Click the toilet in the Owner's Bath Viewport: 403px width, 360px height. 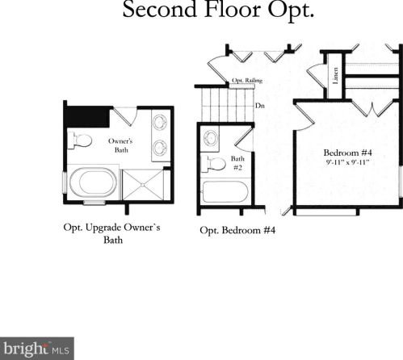click(80, 140)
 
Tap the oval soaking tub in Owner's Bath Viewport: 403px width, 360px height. click(93, 182)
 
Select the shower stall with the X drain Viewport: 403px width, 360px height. click(143, 185)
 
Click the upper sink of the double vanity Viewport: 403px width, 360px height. click(160, 122)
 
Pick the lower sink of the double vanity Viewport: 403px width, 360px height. click(160, 149)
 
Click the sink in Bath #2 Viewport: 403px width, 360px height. click(211, 138)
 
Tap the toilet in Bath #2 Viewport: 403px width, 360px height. click(213, 164)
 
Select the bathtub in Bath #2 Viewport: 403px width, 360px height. click(225, 192)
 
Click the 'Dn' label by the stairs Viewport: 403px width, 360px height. click(260, 106)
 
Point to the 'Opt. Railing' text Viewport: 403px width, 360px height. click(247, 81)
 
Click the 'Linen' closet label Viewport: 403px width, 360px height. click(335, 76)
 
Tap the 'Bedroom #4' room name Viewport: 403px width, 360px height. click(347, 153)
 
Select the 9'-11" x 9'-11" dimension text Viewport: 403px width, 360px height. click(347, 162)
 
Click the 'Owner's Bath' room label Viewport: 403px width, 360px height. click(120, 145)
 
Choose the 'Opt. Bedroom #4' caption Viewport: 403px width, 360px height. click(237, 231)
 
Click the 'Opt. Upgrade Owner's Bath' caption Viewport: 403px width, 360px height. click(112, 233)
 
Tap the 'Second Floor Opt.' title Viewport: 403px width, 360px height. click(218, 10)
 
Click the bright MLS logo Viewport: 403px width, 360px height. click(37, 349)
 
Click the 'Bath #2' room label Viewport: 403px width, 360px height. click(237, 163)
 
